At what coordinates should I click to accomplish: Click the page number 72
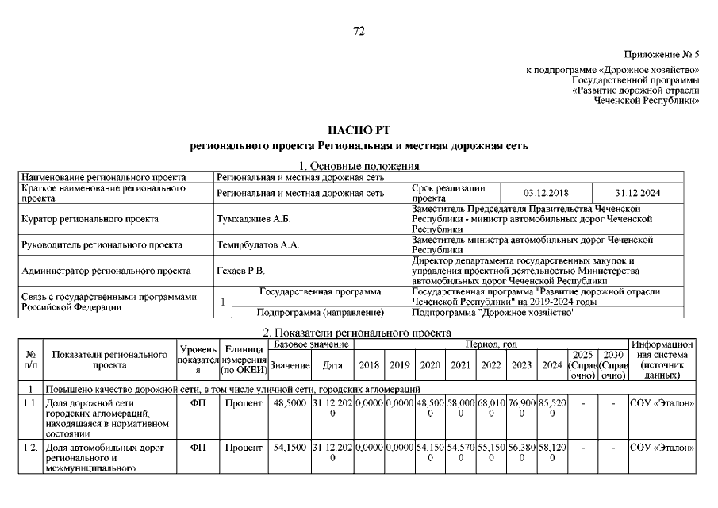click(x=358, y=31)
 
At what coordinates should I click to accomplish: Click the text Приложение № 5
click(x=662, y=55)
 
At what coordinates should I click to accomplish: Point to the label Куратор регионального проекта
click(x=90, y=218)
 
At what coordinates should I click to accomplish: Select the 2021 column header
click(x=461, y=365)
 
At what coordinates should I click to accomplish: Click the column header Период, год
click(x=491, y=344)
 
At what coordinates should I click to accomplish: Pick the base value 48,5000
click(x=289, y=403)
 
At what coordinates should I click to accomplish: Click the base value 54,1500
click(x=289, y=448)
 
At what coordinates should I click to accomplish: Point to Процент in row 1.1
click(x=242, y=403)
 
